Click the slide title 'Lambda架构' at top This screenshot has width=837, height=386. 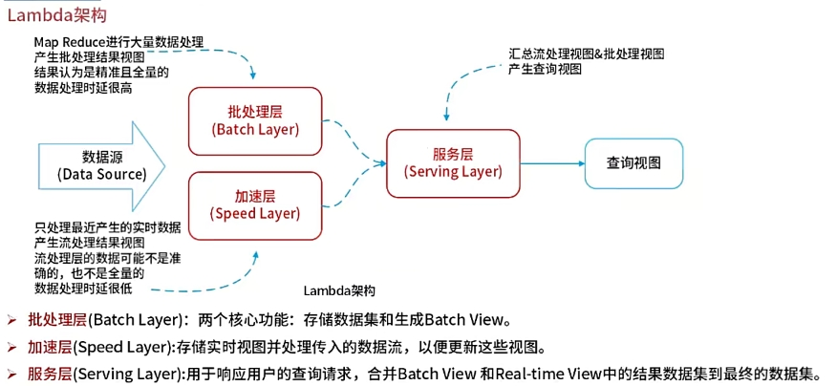(x=57, y=14)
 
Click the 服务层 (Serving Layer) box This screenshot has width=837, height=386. (x=453, y=161)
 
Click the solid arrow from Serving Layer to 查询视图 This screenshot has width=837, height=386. (x=552, y=163)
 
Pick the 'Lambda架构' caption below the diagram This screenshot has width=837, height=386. (x=339, y=290)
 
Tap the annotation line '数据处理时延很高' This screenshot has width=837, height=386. (x=82, y=86)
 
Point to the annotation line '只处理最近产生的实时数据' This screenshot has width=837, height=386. (x=107, y=227)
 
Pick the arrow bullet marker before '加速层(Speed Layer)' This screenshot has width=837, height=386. (x=11, y=346)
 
